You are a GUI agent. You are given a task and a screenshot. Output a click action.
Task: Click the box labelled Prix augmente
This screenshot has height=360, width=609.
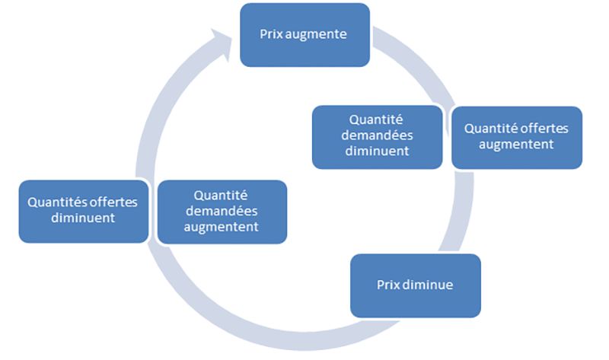tap(304, 34)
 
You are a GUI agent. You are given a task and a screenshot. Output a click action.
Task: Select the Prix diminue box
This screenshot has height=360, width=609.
tap(415, 285)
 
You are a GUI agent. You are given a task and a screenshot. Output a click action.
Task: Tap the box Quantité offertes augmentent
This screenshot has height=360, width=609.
tap(516, 137)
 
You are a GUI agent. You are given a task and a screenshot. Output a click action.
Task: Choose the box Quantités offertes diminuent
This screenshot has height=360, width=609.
tap(83, 211)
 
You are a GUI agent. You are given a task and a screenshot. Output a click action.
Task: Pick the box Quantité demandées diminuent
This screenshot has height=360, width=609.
tap(377, 136)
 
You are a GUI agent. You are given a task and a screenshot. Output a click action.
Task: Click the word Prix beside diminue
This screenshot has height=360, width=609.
tap(387, 285)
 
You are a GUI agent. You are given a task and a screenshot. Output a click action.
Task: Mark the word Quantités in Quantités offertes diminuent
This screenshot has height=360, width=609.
tap(54, 203)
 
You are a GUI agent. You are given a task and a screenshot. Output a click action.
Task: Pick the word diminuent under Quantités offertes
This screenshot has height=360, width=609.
tap(83, 218)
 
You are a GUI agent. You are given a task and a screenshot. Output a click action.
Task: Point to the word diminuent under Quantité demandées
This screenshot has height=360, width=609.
tap(377, 151)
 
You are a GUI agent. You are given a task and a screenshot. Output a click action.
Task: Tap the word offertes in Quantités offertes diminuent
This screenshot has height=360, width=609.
tap(111, 203)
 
